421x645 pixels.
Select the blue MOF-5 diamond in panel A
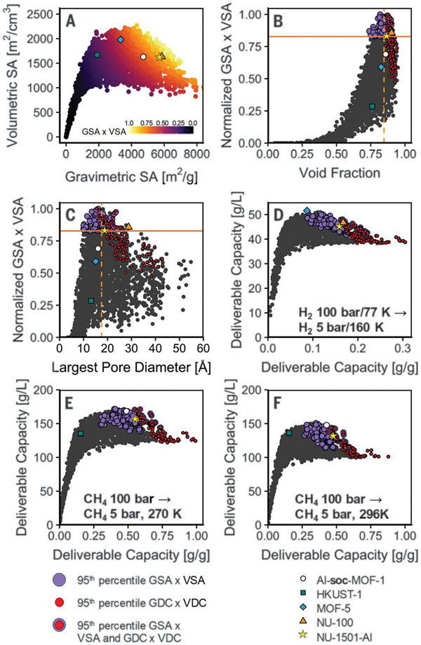tap(121, 41)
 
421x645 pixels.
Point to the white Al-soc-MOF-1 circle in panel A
tap(143, 57)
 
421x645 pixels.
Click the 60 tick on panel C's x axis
tap(203, 347)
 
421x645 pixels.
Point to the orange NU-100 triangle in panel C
tap(128, 226)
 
